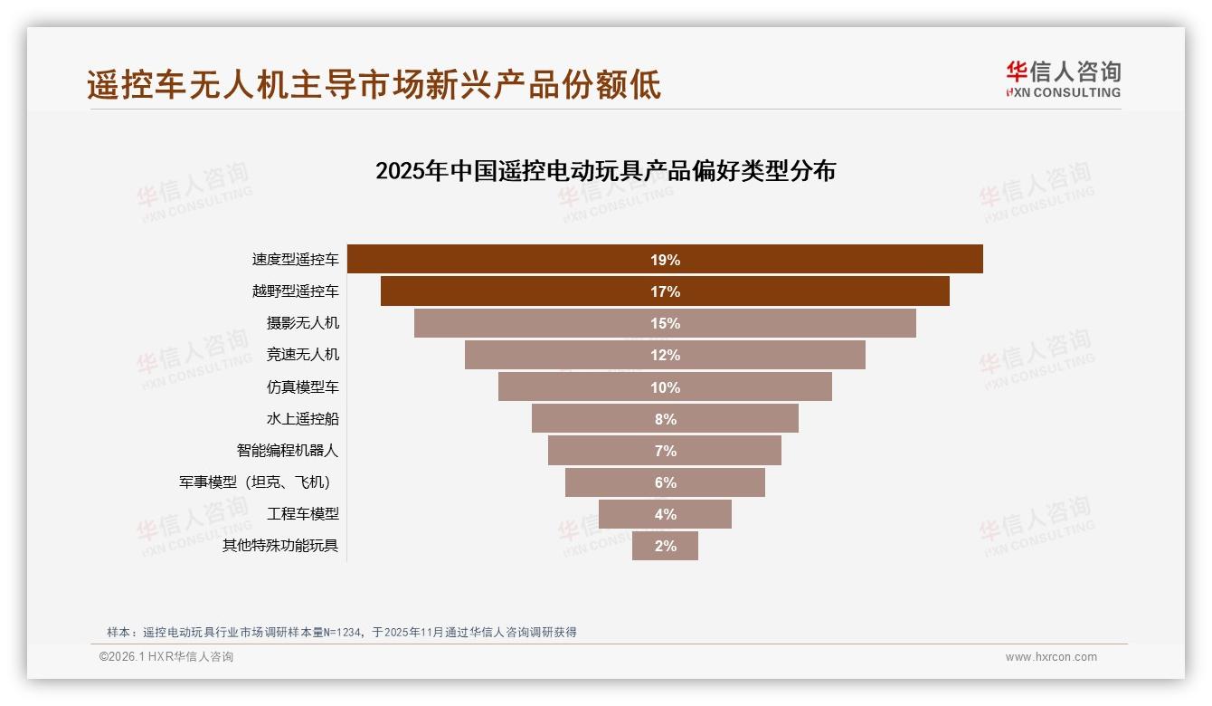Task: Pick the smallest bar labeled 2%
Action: pos(665,546)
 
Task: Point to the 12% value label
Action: pos(665,355)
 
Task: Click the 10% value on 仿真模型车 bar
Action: pos(665,387)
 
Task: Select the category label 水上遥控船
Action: pos(302,418)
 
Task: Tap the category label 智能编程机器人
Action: pos(288,450)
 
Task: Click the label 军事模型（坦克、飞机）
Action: pos(260,482)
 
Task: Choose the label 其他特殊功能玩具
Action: pos(280,545)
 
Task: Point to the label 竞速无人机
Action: pos(302,354)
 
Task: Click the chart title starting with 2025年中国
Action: pos(605,170)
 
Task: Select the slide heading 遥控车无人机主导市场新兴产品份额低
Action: pos(374,84)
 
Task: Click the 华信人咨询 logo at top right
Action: pos(1063,79)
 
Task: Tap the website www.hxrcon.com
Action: pos(1050,657)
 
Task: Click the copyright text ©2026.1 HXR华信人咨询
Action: pos(166,657)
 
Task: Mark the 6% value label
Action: pos(665,482)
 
